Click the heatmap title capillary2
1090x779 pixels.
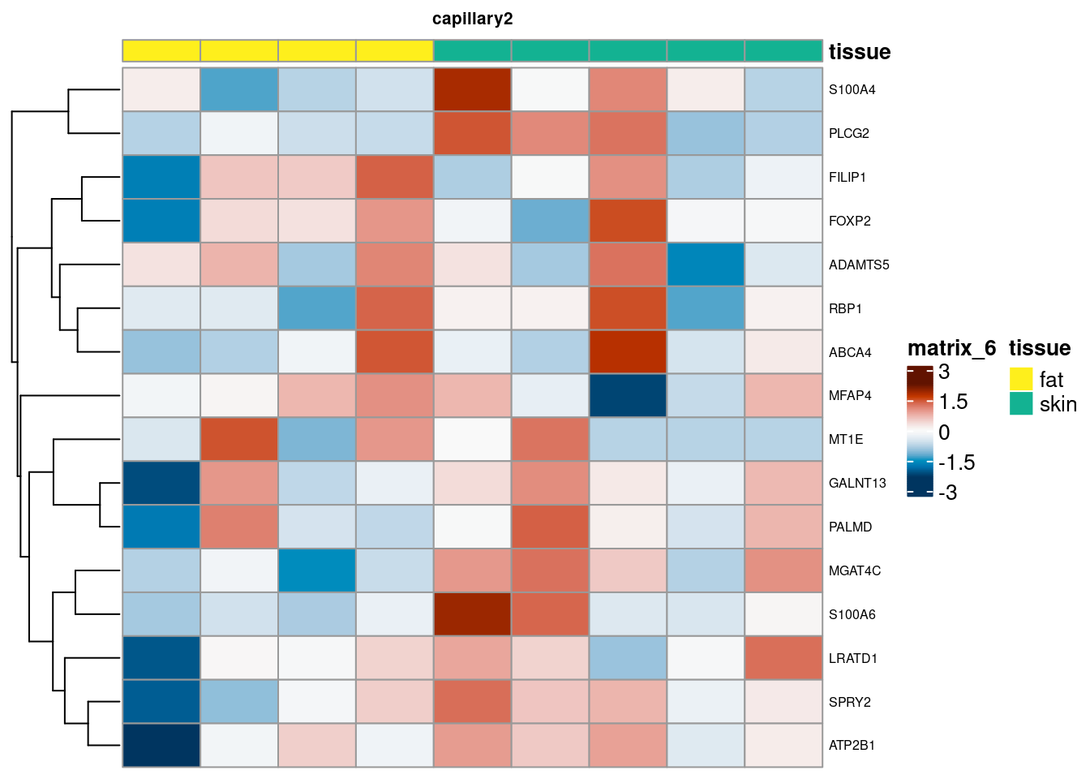[x=472, y=19]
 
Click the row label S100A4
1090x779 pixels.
[x=852, y=90]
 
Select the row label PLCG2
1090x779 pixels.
[x=848, y=134]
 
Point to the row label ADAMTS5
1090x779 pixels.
[x=859, y=265]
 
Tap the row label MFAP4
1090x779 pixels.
[x=850, y=396]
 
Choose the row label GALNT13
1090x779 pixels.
[x=857, y=484]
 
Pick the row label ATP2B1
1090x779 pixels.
[x=852, y=746]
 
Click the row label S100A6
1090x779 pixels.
[x=852, y=614]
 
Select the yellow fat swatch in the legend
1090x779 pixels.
[x=1021, y=379]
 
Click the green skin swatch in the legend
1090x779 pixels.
[x=1021, y=403]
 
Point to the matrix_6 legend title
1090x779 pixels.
[x=951, y=348]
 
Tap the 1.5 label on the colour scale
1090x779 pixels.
[x=953, y=402]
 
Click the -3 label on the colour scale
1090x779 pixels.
[x=947, y=493]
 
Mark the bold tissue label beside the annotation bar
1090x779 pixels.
[x=859, y=52]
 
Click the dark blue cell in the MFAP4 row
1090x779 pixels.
[x=628, y=395]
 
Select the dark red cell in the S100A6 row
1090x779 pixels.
[x=472, y=614]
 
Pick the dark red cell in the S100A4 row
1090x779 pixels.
[x=472, y=89]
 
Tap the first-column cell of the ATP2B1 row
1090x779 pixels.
[x=161, y=745]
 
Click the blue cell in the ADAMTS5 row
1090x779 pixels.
[x=706, y=265]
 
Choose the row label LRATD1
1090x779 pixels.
[x=852, y=658]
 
